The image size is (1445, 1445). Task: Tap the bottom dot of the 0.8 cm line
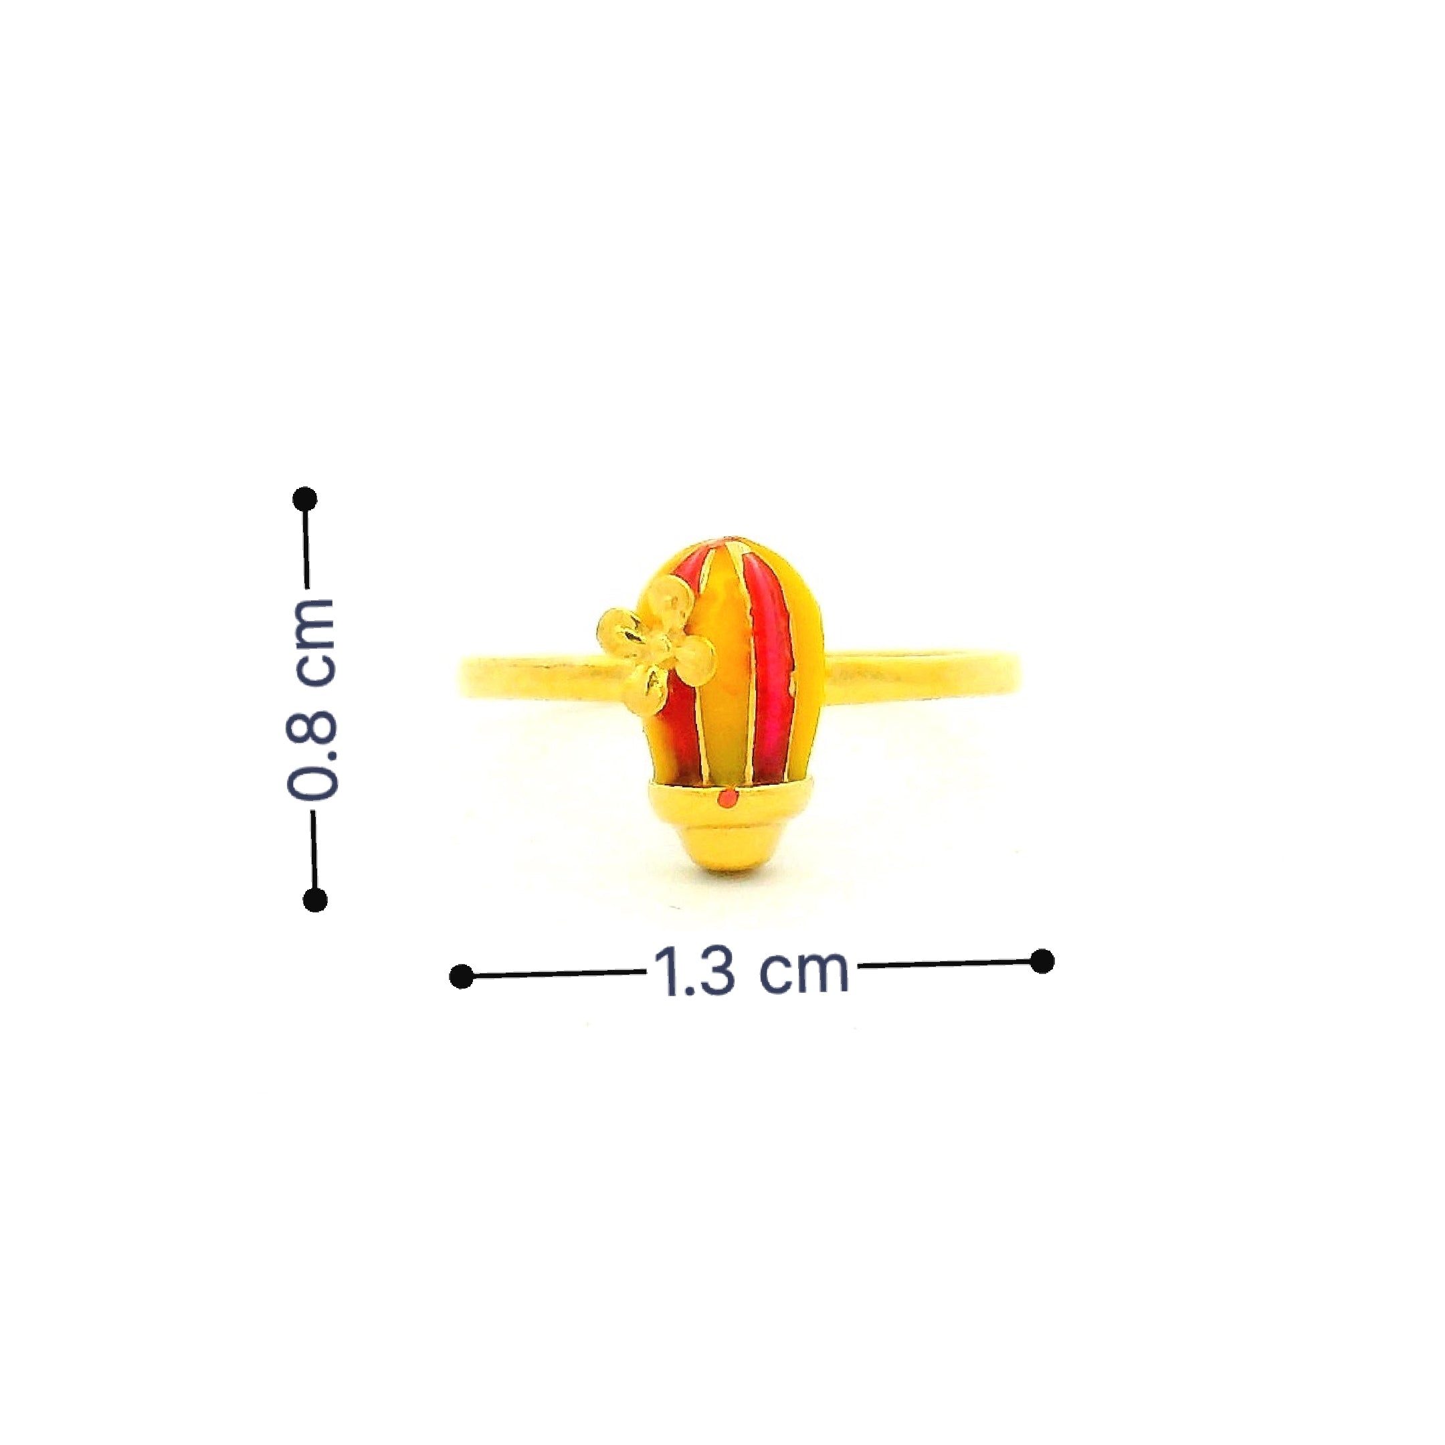coord(315,900)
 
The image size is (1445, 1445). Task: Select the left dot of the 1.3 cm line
coord(462,975)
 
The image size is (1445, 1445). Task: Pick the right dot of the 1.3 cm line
coord(1042,961)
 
